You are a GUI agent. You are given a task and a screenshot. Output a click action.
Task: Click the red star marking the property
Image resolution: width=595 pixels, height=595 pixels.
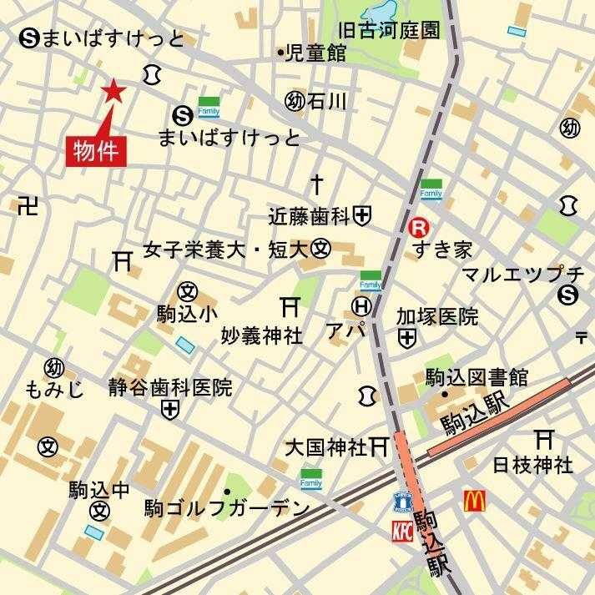click(x=111, y=91)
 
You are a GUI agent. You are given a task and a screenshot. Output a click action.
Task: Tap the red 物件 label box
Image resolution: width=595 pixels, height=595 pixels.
click(x=95, y=152)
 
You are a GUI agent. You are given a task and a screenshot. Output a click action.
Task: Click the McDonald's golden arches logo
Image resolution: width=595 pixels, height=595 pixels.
click(x=475, y=501)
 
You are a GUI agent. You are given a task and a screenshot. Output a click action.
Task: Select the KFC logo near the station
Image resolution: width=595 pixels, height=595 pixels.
click(x=403, y=529)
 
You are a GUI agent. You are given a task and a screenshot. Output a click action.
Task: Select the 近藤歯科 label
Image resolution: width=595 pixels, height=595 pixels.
click(x=310, y=216)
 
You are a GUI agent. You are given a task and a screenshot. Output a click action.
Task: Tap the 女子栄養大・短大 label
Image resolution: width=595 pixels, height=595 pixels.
click(x=226, y=250)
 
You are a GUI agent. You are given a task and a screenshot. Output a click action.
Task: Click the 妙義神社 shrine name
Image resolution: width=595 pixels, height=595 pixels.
click(x=261, y=335)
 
